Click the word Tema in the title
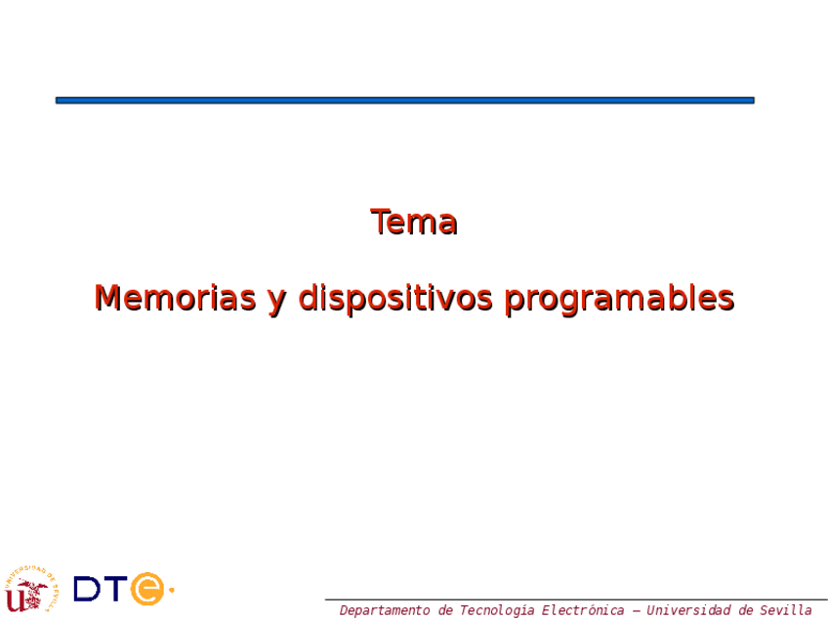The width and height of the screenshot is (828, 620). coord(414,222)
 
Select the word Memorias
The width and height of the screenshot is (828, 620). coord(176,298)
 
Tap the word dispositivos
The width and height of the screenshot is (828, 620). coord(395,299)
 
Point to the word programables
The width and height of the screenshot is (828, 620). coord(619,299)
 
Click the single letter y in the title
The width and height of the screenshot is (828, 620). coord(277,302)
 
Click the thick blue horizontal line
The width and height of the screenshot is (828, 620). coord(405,101)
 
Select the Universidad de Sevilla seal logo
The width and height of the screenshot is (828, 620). coord(31,590)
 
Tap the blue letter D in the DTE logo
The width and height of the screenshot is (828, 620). coord(87,589)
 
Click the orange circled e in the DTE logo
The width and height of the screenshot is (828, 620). coord(147,589)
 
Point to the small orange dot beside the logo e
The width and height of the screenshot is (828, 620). coord(171,590)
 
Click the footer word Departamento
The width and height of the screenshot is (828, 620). coord(385,610)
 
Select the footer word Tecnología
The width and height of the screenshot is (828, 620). coord(496,610)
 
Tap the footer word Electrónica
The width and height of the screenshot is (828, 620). coord(583,610)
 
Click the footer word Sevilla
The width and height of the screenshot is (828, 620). coord(786,610)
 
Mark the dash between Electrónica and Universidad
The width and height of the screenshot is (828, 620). coord(636,611)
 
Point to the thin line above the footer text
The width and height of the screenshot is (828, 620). coord(576,599)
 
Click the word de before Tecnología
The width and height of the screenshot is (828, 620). coord(444,610)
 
